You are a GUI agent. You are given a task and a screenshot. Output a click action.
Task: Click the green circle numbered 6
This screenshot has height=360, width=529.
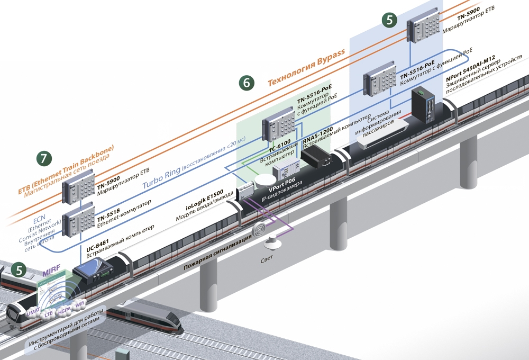click(247, 83)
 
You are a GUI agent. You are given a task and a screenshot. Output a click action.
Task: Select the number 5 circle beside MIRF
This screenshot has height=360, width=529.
click(20, 270)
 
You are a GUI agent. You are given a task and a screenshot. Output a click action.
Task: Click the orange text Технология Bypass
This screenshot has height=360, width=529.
click(306, 68)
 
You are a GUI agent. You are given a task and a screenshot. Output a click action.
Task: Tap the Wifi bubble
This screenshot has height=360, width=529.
click(80, 305)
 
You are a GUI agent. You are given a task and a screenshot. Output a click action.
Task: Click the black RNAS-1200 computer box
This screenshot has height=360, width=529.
click(315, 156)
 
